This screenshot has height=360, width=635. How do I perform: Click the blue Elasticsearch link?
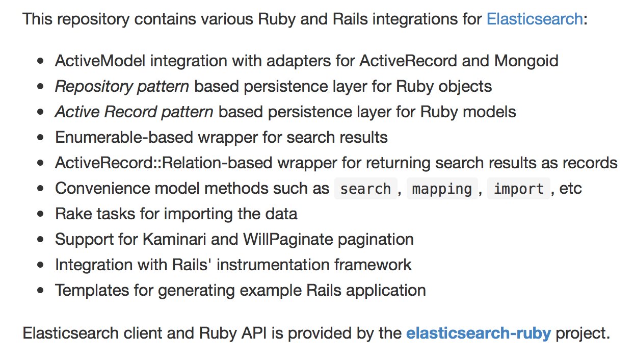tap(535, 19)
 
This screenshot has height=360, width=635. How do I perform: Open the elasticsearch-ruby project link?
tap(478, 333)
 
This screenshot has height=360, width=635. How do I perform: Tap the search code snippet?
tap(365, 189)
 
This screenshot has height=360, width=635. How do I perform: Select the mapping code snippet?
tap(442, 189)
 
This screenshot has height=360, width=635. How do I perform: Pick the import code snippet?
tap(519, 189)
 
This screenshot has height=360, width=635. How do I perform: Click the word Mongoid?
tap(526, 61)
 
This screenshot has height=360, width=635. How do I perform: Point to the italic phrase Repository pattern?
tap(122, 87)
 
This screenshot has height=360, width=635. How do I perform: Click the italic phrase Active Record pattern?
tap(134, 112)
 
